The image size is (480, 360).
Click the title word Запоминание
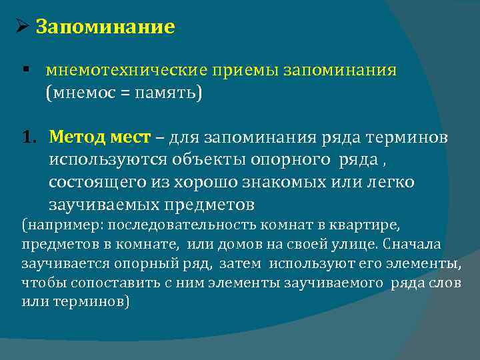[x=105, y=27]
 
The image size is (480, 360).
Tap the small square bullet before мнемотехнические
[x=24, y=70]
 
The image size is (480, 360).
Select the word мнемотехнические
[x=119, y=71]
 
